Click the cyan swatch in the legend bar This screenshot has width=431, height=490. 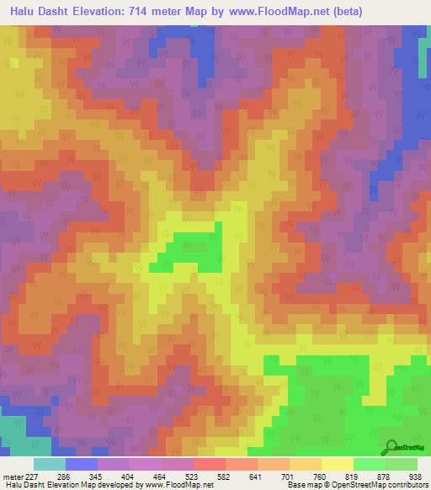pos(49,464)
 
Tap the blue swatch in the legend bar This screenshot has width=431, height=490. pos(81,464)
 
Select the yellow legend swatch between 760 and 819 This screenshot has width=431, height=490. pos(337,464)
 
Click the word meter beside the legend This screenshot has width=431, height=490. pos(13,477)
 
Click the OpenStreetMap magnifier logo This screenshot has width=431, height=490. pos(392,446)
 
